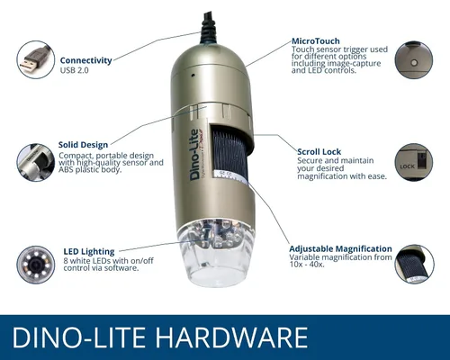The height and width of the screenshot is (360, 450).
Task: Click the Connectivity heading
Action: [x=85, y=60]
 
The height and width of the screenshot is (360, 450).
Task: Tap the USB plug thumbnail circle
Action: [x=36, y=59]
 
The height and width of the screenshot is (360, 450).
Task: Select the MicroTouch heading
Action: [x=316, y=41]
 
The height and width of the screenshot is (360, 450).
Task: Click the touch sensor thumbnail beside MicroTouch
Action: [x=414, y=60]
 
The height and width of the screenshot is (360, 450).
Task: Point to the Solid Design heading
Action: [x=83, y=145]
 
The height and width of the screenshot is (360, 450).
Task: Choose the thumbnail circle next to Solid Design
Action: [x=36, y=162]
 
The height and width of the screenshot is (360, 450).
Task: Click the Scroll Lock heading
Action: [x=319, y=152]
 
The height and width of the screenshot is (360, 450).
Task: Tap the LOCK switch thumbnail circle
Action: [x=414, y=162]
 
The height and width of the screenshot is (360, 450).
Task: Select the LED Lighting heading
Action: [x=89, y=252]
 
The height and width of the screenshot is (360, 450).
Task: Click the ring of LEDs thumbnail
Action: [x=36, y=265]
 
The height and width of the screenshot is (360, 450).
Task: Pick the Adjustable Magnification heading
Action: [x=340, y=249]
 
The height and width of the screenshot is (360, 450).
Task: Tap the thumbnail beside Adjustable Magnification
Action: [x=414, y=264]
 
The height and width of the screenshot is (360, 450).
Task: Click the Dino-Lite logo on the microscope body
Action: [x=195, y=155]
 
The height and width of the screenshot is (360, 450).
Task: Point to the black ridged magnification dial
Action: [x=229, y=153]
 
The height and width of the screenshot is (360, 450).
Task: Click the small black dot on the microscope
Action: [x=193, y=75]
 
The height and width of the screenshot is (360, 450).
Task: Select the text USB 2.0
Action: [x=74, y=70]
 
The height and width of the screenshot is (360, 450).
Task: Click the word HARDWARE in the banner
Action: [x=232, y=337]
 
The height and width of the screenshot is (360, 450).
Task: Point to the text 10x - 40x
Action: [x=307, y=265]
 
